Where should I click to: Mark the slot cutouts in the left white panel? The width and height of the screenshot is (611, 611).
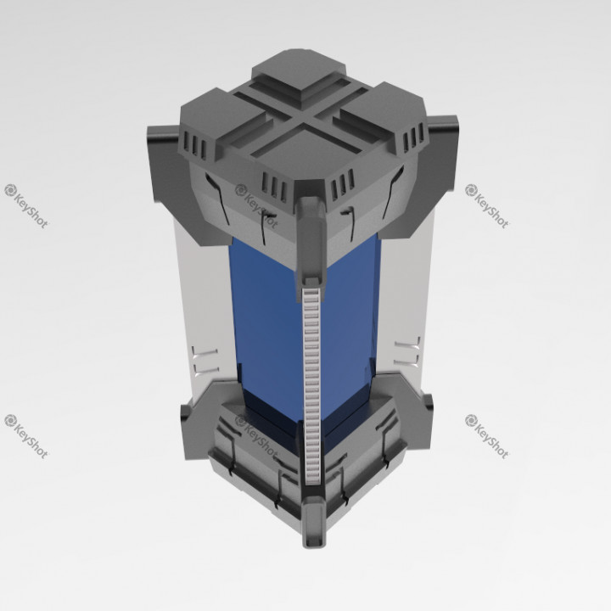point(205,360)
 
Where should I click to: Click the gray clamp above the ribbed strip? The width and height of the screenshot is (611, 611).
point(311,238)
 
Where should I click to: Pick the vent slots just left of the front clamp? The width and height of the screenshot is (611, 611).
point(276,184)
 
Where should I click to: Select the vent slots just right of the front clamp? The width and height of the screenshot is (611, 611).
point(343,182)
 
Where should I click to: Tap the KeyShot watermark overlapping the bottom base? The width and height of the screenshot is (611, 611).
point(255,434)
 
